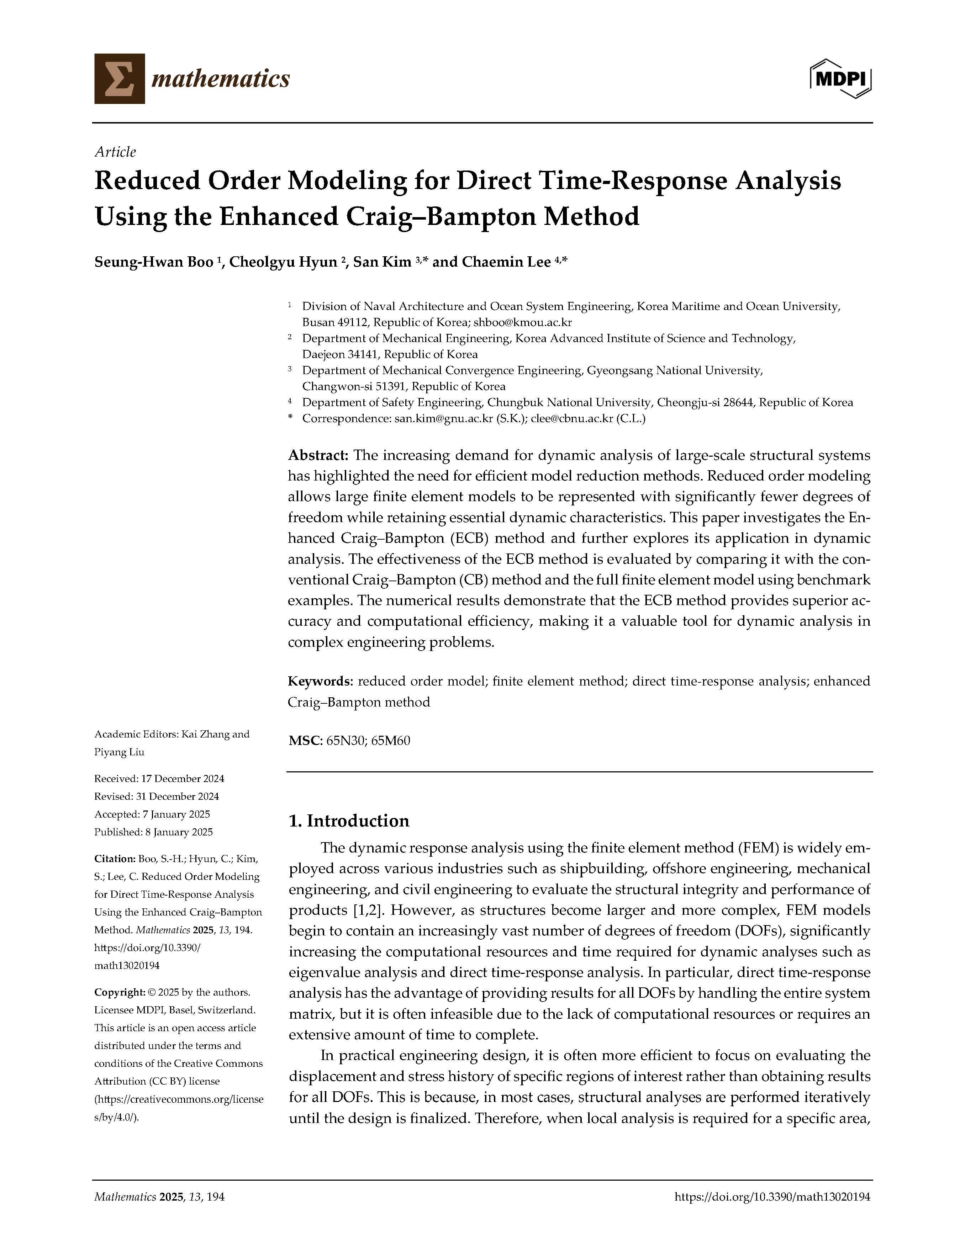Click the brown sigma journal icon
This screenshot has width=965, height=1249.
120,78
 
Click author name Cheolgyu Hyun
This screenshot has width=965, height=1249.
283,262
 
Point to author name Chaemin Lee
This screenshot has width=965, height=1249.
506,262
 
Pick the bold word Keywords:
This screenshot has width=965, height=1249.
320,681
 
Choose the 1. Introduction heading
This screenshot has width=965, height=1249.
349,821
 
